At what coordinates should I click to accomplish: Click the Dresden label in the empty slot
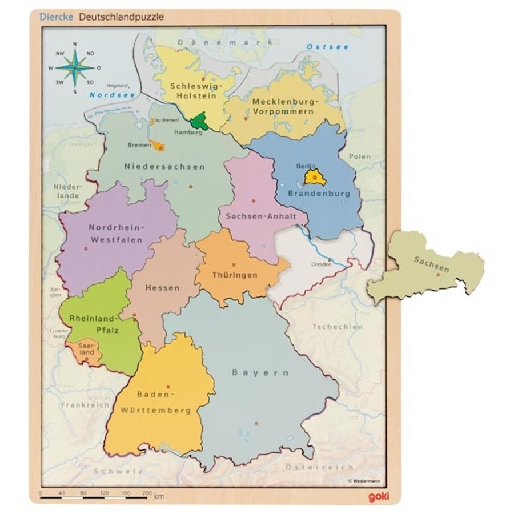[x=321, y=265]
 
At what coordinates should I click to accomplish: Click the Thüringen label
[x=235, y=275]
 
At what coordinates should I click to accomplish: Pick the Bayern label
[x=260, y=372]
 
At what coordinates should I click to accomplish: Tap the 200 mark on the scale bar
[x=146, y=492]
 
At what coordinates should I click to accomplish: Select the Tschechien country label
[x=337, y=327]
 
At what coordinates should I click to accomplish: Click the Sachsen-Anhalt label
[x=252, y=216]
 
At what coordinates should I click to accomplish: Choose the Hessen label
[x=162, y=288]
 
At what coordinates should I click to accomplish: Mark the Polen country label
[x=360, y=156]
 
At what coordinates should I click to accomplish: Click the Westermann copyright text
[x=364, y=481]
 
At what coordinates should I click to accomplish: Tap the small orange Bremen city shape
[x=156, y=146]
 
